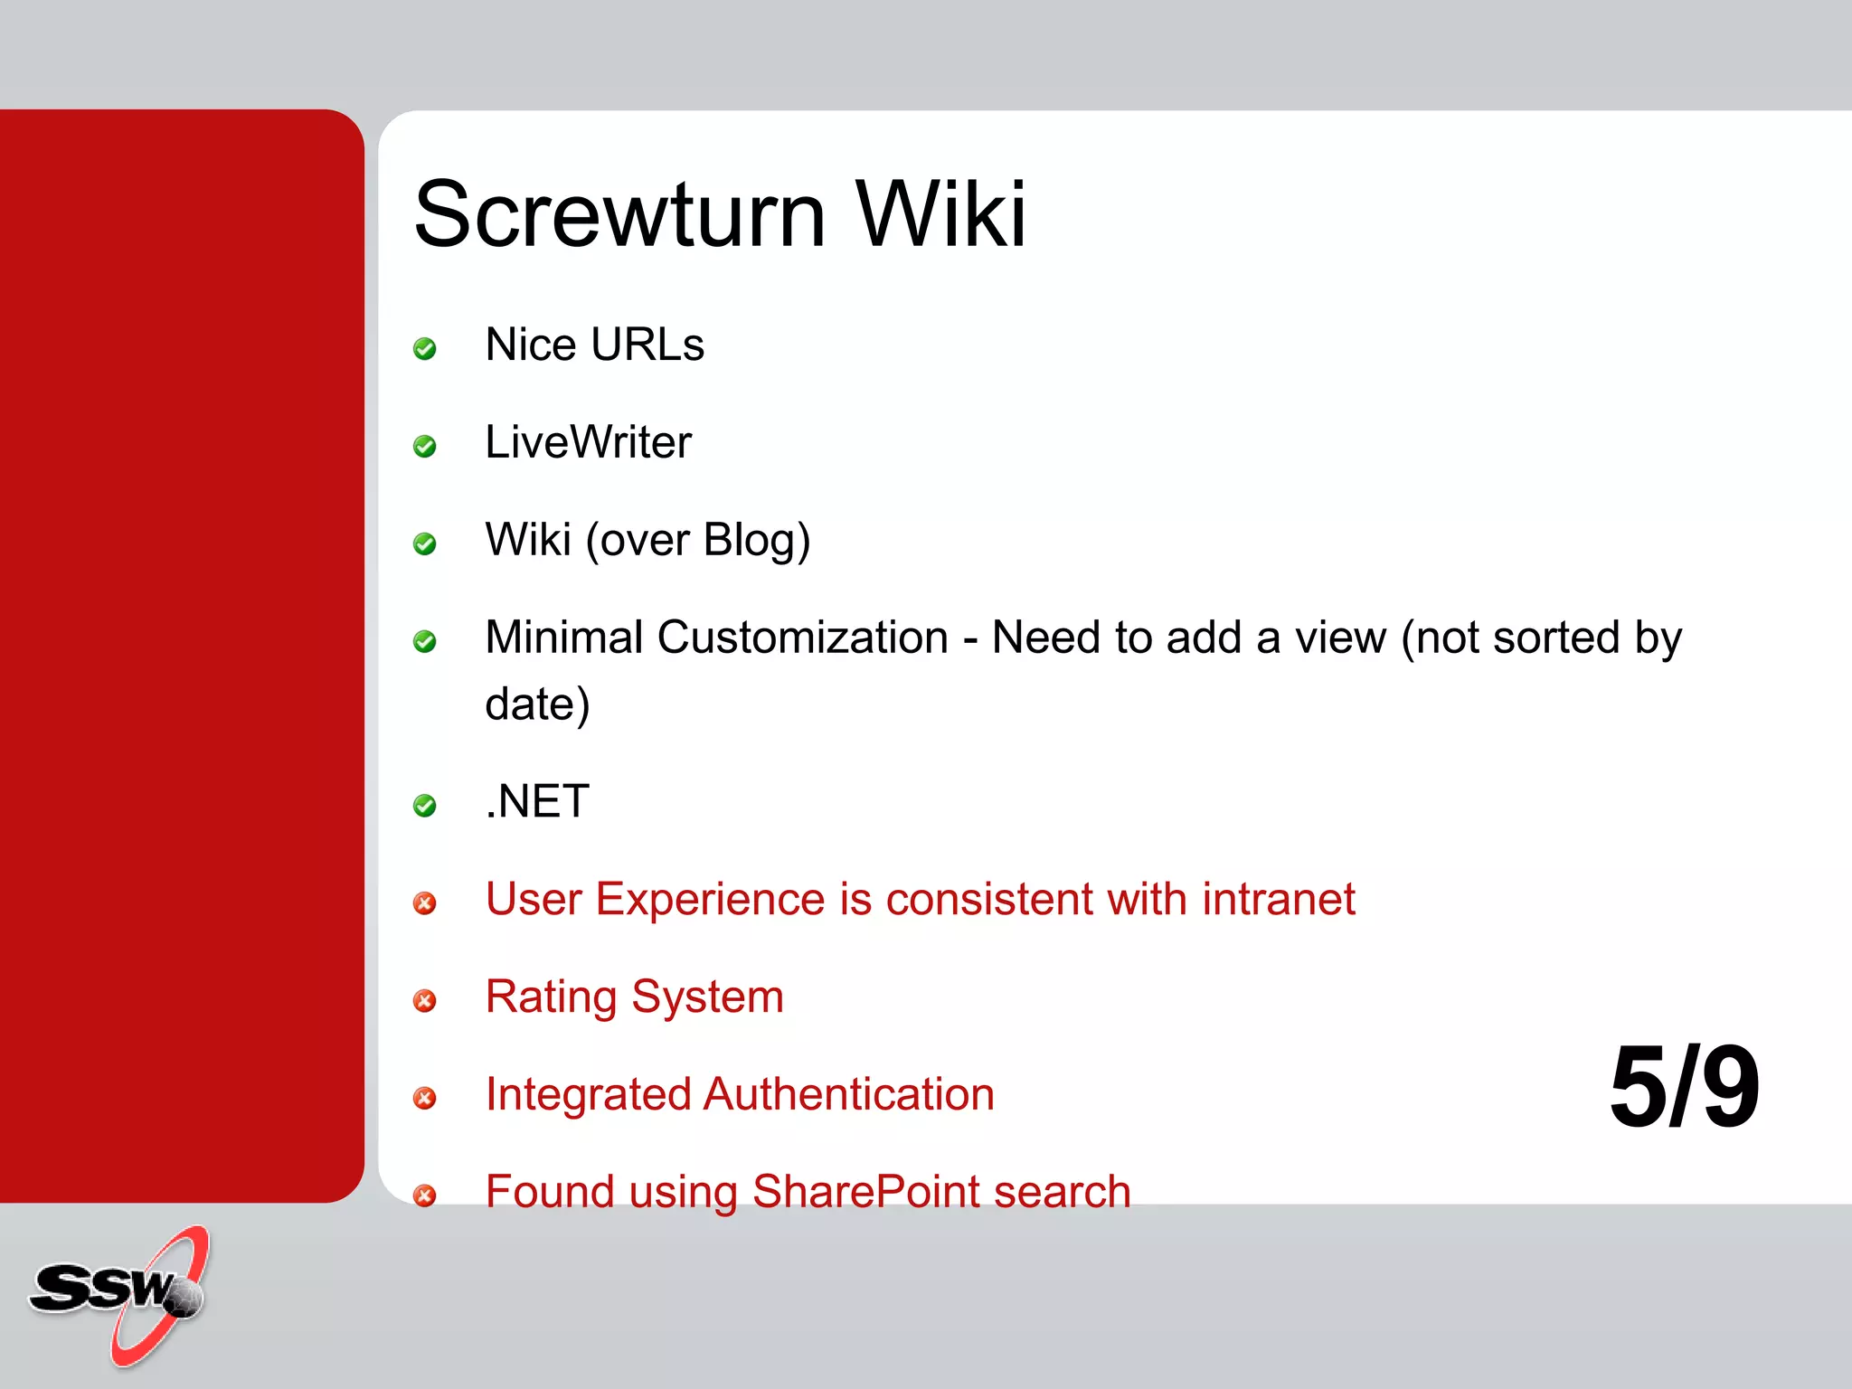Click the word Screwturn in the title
(x=619, y=215)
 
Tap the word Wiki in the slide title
(x=941, y=215)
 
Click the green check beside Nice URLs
(x=424, y=349)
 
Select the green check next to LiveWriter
(x=424, y=447)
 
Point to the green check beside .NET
(x=424, y=806)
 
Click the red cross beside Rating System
(x=424, y=1001)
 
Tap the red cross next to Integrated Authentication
(x=424, y=1099)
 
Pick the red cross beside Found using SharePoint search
(x=424, y=1196)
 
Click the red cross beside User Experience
(x=424, y=903)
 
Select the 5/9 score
(x=1685, y=1087)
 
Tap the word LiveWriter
(x=588, y=443)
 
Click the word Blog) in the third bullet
(x=757, y=541)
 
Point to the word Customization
(x=802, y=638)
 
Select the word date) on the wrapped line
(x=537, y=704)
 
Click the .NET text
(x=537, y=802)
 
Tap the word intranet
(x=1278, y=900)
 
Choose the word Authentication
(x=849, y=1094)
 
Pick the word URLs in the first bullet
(x=648, y=345)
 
